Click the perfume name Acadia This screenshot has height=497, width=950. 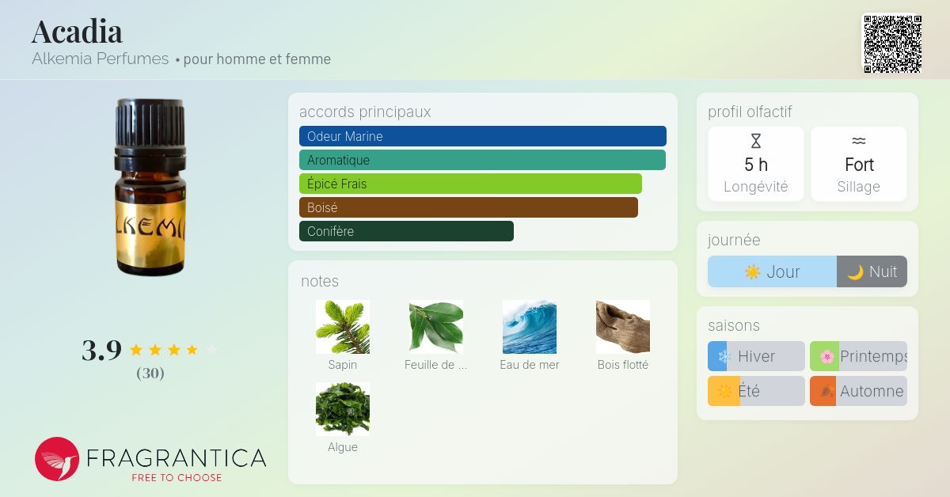(77, 32)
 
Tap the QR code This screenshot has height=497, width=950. (893, 44)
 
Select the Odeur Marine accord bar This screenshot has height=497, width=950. (483, 136)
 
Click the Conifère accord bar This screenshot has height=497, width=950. (406, 231)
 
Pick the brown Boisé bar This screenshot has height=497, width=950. (469, 207)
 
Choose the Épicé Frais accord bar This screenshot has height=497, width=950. (470, 184)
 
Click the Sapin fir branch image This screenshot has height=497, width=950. (343, 327)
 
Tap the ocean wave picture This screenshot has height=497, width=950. (530, 327)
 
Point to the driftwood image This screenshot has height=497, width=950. (622, 327)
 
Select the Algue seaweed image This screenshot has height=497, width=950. (343, 409)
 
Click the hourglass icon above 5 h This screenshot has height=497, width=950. (756, 141)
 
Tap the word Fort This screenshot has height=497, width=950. (859, 165)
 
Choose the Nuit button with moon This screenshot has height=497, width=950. (872, 271)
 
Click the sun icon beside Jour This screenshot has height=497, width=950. (752, 271)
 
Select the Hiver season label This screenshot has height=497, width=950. (756, 356)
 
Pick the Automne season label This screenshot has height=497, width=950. (872, 391)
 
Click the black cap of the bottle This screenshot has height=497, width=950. (150, 127)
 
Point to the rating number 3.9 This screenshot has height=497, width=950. (102, 351)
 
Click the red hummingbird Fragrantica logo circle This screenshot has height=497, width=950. (57, 459)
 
